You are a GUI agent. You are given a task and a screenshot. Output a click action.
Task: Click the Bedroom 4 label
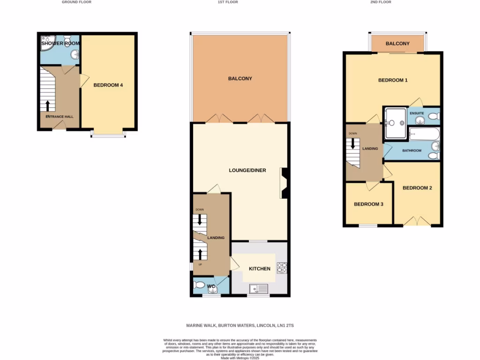[x=108, y=85]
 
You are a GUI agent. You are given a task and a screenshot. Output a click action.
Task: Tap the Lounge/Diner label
[x=247, y=170]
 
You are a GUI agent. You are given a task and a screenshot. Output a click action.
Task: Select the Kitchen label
[x=259, y=269]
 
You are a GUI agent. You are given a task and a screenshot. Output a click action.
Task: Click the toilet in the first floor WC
[x=200, y=285]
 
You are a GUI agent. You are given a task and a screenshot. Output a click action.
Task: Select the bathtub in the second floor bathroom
[x=424, y=135]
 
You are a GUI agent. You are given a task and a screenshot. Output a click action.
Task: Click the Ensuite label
[x=416, y=113]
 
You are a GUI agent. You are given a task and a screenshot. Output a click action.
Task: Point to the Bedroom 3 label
[x=368, y=204]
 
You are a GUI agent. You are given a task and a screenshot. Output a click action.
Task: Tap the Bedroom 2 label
[x=417, y=188]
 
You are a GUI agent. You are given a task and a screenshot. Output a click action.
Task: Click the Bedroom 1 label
[x=393, y=80]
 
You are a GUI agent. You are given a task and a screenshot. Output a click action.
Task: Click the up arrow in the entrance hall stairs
[x=47, y=105]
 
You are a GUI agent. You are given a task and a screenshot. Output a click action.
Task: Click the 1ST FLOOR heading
[x=228, y=2]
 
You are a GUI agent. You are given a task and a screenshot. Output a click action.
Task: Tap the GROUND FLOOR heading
[x=76, y=2]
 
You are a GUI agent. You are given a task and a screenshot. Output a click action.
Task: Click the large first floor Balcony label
[x=240, y=78]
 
